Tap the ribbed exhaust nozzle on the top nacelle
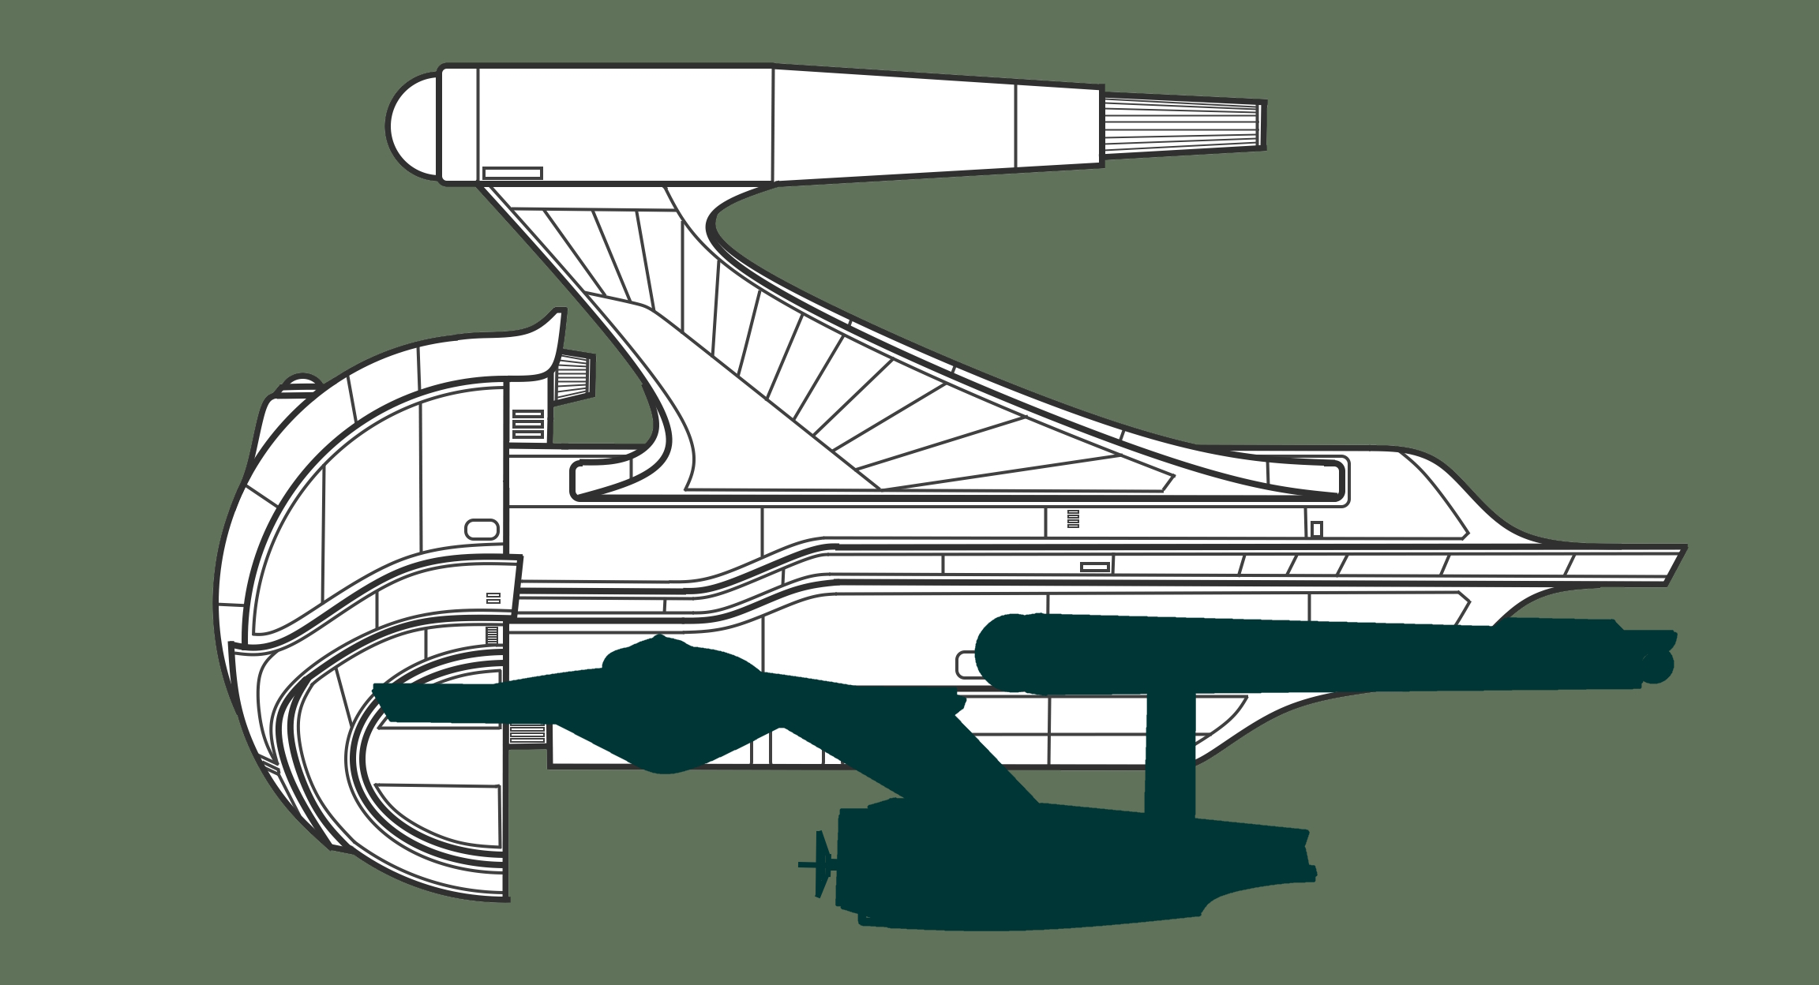tap(1183, 125)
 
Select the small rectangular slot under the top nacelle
tap(512, 173)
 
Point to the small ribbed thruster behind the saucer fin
tap(574, 376)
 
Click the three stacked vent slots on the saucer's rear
tap(528, 424)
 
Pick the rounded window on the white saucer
tap(482, 530)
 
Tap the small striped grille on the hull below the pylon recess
tap(1073, 519)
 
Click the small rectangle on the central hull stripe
tap(1095, 567)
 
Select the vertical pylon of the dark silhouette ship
tap(1170, 754)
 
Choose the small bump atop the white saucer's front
tap(302, 382)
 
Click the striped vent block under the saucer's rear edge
tap(527, 734)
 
